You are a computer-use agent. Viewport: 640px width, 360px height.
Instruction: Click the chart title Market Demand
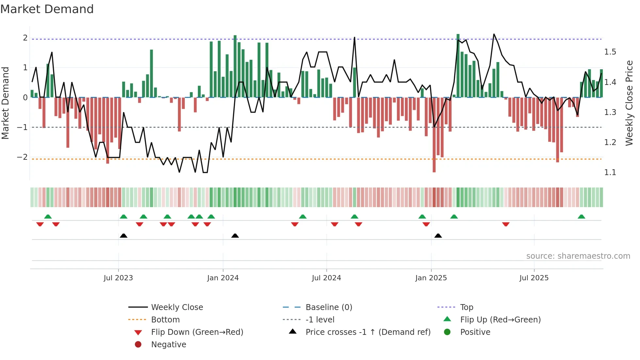point(47,9)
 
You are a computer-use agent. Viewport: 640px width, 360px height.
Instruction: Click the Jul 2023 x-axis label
point(118,278)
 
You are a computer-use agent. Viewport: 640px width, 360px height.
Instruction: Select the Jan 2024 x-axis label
point(223,278)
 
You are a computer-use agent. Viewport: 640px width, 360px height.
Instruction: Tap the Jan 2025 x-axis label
point(431,278)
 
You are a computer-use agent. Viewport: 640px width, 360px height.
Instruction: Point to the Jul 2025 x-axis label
point(534,278)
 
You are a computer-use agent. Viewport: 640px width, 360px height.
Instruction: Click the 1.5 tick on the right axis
point(610,52)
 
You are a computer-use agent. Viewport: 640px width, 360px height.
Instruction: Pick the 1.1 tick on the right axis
point(610,172)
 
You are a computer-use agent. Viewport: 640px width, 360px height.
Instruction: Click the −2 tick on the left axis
point(23,157)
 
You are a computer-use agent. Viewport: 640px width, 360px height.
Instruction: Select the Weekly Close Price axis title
point(629,103)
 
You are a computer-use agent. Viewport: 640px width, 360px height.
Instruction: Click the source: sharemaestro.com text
point(578,256)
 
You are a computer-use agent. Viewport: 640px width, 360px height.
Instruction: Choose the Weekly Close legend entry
point(177,307)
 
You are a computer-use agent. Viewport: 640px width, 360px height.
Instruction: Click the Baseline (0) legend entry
point(328,307)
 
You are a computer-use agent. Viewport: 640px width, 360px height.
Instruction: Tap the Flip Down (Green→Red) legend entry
point(197,332)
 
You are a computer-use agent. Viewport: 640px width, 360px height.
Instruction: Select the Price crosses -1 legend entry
point(368,332)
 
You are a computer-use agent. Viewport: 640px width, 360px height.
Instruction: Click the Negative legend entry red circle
point(138,345)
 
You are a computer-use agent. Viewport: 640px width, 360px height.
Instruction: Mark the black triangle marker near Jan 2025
point(438,236)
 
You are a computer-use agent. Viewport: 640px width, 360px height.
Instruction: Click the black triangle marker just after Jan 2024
point(235,236)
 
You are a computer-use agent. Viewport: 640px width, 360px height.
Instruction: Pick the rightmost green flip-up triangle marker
point(581,217)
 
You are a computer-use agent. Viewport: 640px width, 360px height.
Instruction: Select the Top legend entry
point(466,307)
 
